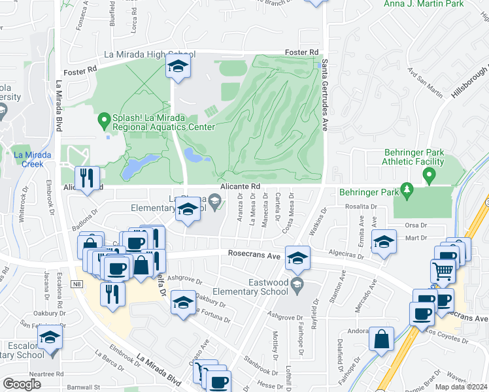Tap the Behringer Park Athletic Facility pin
(x=429, y=175)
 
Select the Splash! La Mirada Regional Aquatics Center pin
(x=103, y=120)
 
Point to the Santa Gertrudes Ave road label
(x=326, y=91)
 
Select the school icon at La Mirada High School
(x=177, y=66)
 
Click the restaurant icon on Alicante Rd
(x=86, y=177)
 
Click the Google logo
(x=22, y=384)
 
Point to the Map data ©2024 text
(x=460, y=387)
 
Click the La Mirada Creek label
(x=28, y=159)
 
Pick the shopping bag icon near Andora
(x=381, y=339)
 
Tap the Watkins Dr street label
(x=322, y=217)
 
